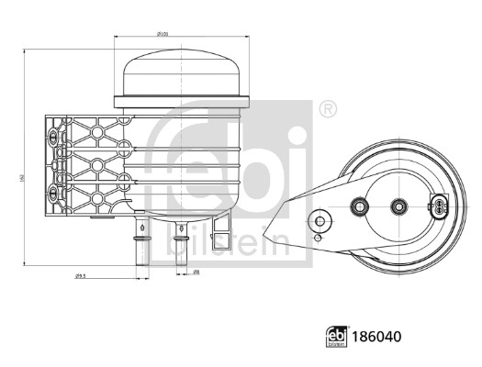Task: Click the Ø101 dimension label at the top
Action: tap(163, 34)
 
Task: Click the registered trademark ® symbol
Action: tap(326, 109)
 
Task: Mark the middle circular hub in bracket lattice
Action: tap(92, 167)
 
